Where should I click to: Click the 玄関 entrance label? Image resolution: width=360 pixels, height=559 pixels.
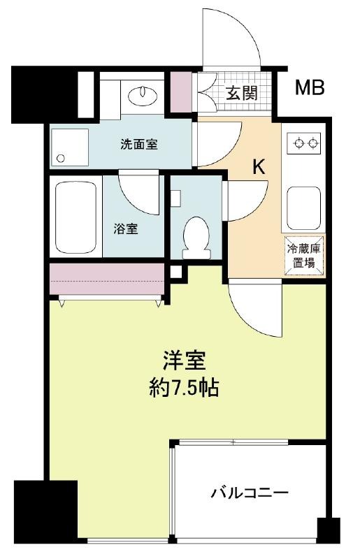click(x=242, y=94)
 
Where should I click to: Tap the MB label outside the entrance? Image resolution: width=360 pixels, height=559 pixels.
click(x=310, y=88)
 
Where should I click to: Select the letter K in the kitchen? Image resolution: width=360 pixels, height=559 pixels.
click(x=259, y=166)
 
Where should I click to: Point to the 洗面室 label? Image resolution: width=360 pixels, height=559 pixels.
click(x=139, y=145)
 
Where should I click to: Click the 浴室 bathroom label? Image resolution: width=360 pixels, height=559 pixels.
click(x=126, y=229)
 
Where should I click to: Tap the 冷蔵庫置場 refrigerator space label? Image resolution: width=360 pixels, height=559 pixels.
click(x=303, y=256)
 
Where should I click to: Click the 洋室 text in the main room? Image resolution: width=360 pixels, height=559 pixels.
click(x=184, y=361)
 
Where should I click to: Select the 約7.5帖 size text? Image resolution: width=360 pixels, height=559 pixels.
click(x=184, y=388)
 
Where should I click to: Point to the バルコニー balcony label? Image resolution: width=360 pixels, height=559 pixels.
click(x=249, y=493)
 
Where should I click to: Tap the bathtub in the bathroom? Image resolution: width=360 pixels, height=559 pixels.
click(x=76, y=218)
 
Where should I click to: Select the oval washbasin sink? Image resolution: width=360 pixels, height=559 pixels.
click(x=143, y=94)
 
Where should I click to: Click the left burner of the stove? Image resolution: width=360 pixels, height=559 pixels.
click(x=299, y=143)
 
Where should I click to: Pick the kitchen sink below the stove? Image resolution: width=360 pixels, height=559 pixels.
click(x=303, y=208)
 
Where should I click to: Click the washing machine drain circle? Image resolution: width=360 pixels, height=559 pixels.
click(x=61, y=159)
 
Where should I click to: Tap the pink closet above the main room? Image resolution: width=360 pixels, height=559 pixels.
click(x=107, y=279)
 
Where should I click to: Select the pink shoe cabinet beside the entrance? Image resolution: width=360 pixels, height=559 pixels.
click(x=180, y=92)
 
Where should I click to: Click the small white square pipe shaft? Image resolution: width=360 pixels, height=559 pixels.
click(x=175, y=272)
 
